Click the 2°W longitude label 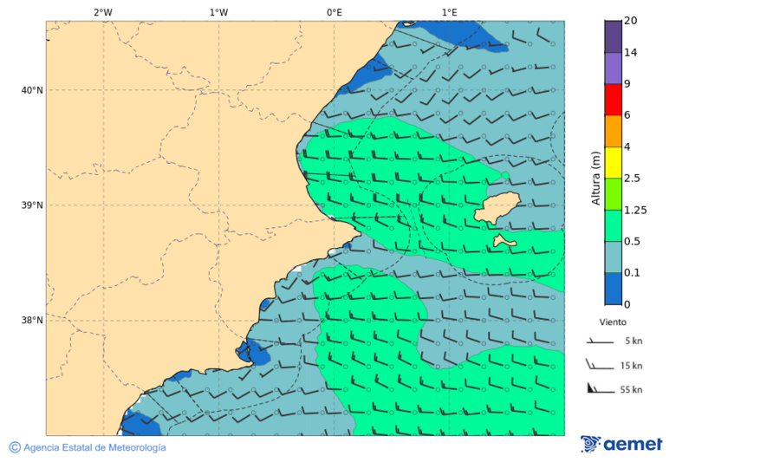[x=102, y=12]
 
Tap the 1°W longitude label [x=218, y=12]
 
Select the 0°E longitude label [x=334, y=12]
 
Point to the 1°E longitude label [x=449, y=12]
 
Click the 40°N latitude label [x=32, y=90]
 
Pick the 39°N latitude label [x=32, y=205]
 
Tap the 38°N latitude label [x=32, y=321]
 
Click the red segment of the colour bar [x=614, y=100]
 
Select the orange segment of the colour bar [x=614, y=131]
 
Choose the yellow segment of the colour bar [x=614, y=162]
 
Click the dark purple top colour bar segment [x=614, y=36]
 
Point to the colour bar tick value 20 [x=631, y=21]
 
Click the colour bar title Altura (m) [x=595, y=178]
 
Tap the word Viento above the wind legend [x=614, y=321]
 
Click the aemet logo [x=621, y=444]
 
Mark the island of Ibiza [x=497, y=206]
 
